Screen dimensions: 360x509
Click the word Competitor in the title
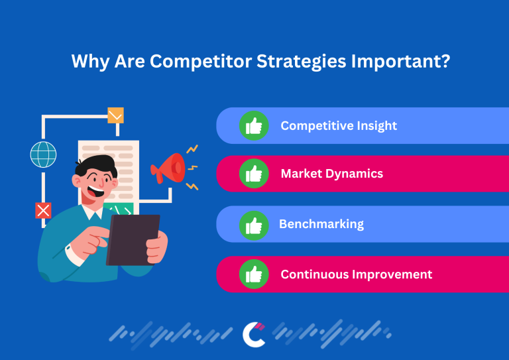[192, 61]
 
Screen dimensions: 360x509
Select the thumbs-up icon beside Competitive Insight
[254, 125]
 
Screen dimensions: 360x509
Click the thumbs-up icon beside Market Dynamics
[254, 174]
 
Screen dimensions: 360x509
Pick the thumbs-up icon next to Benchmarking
[254, 224]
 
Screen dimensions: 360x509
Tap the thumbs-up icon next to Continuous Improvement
[254, 274]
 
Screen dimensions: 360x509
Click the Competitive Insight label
[339, 125]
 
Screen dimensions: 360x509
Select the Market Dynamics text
[331, 174]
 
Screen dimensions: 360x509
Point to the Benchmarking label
[321, 224]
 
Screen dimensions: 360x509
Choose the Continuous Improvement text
[356, 274]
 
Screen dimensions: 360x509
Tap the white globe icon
[43, 154]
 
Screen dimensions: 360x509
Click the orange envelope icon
[116, 115]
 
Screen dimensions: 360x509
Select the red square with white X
[43, 211]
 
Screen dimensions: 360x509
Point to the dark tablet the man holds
[133, 239]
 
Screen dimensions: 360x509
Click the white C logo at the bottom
[253, 333]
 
